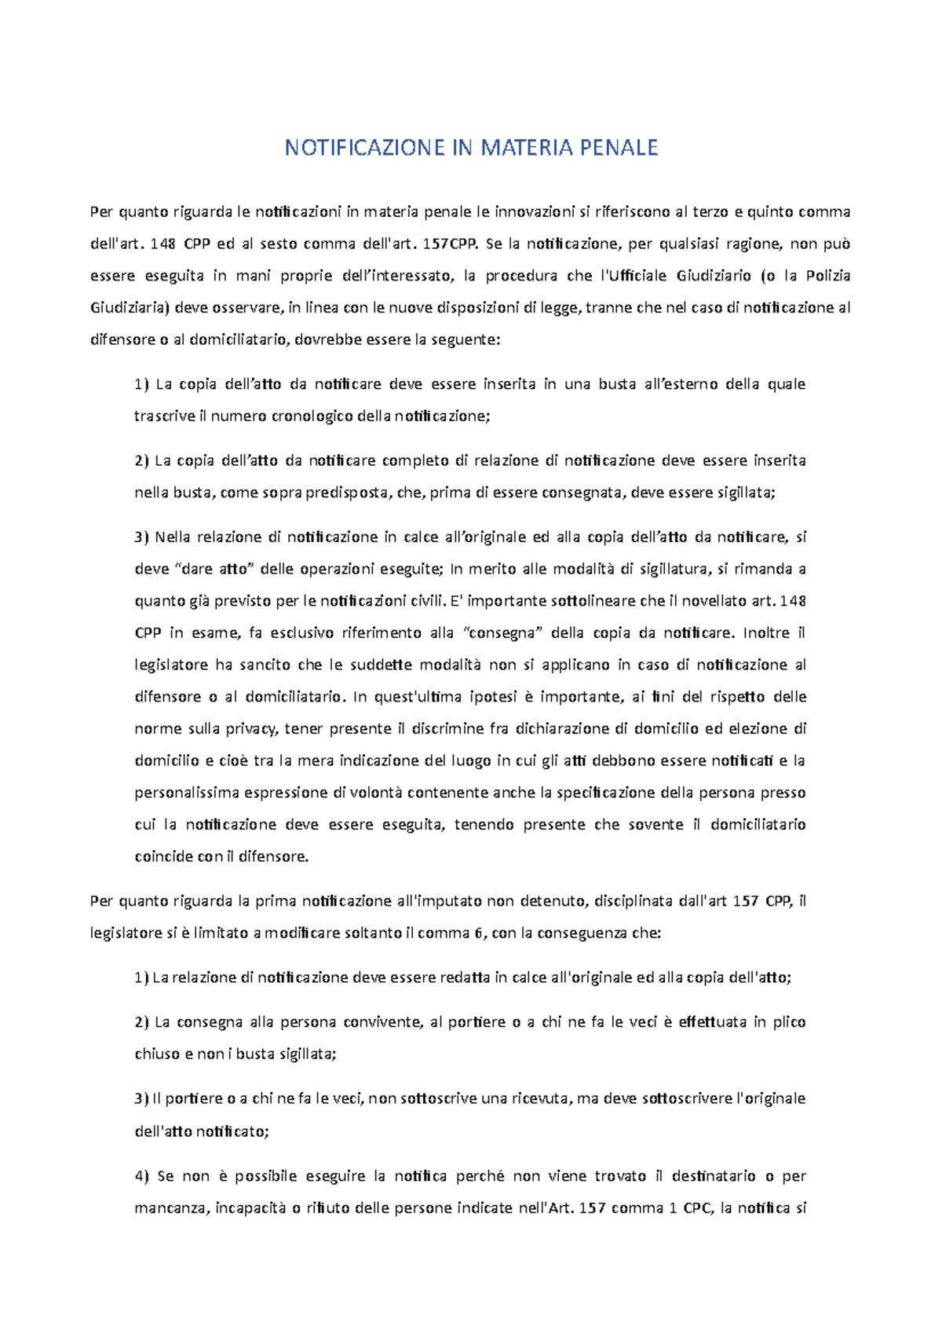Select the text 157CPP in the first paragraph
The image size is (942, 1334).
coord(450,244)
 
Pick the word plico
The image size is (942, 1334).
coord(789,1022)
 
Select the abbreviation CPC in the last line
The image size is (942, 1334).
coord(697,1208)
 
